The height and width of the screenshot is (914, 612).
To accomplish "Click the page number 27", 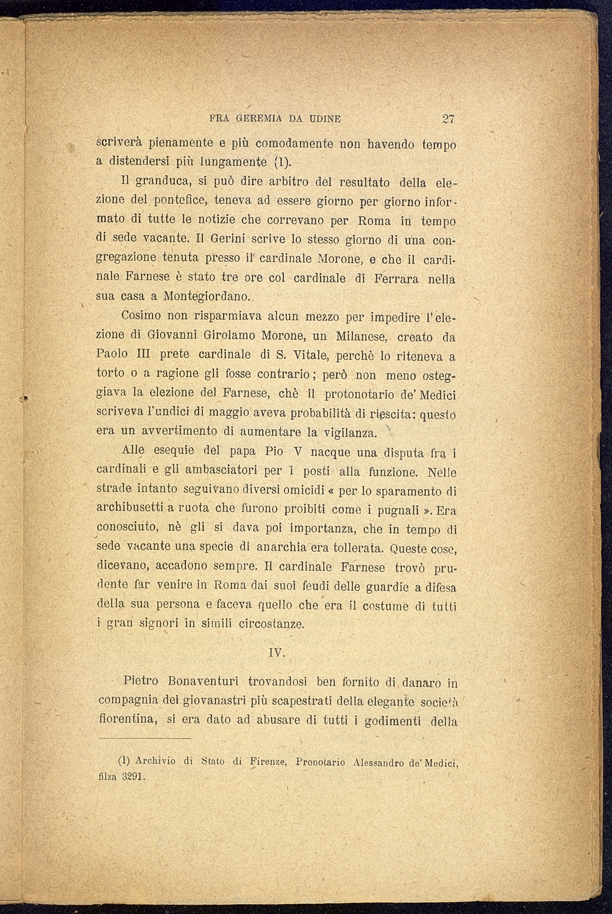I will click(x=449, y=119).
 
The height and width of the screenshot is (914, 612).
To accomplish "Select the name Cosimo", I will click(x=141, y=317).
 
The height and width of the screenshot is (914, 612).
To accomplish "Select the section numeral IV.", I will click(x=276, y=653).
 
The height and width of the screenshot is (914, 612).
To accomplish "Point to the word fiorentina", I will click(x=126, y=720).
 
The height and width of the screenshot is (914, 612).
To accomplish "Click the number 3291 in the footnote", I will click(x=133, y=778).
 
